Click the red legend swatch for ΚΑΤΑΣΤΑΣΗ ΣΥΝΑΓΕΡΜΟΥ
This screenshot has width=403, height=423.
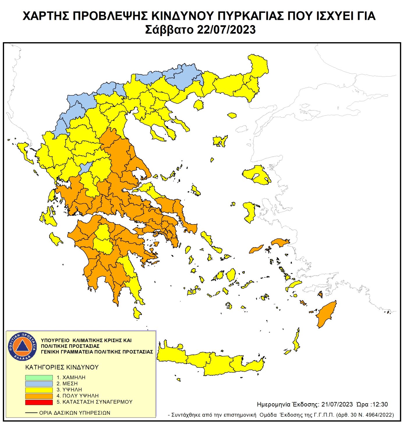(x=39, y=402)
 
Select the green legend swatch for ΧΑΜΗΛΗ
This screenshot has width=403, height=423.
(x=39, y=377)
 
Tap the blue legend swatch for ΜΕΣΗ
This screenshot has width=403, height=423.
(x=39, y=384)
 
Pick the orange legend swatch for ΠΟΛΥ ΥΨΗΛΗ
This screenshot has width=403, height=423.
(x=39, y=396)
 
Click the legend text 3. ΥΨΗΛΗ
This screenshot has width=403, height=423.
(x=69, y=390)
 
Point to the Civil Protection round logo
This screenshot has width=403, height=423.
(x=22, y=346)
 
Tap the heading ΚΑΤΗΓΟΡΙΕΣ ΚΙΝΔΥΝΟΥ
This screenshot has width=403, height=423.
(x=62, y=367)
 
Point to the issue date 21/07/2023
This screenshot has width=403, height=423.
(x=337, y=404)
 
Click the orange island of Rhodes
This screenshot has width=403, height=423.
(x=326, y=314)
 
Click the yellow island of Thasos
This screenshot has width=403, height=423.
(x=199, y=105)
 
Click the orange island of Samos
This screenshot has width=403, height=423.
(x=280, y=242)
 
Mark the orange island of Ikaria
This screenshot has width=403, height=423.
(x=256, y=249)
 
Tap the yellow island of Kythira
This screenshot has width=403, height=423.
(x=137, y=313)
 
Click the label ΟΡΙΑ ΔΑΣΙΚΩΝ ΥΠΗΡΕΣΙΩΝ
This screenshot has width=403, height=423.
(x=75, y=413)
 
